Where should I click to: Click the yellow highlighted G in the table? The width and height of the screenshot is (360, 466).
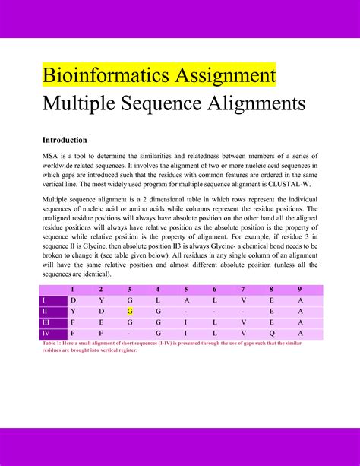tap(130, 311)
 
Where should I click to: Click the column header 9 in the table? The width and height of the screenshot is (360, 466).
tap(300, 290)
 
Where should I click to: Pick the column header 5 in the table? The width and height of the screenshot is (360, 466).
tap(186, 290)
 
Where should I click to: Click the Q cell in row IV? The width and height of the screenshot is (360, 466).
tap(272, 332)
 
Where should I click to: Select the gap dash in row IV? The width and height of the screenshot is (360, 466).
tap(130, 332)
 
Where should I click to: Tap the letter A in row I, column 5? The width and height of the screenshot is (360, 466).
tap(186, 300)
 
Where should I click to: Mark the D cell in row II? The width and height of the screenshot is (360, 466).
tap(101, 311)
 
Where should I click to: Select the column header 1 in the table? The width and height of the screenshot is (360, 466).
tap(73, 290)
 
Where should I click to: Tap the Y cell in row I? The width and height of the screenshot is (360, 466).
tap(101, 300)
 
